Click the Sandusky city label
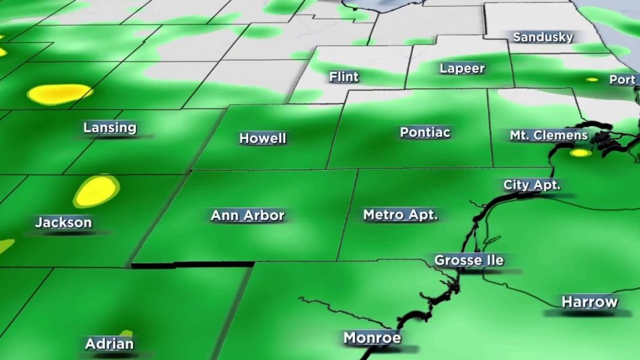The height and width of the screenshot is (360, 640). [x=543, y=37]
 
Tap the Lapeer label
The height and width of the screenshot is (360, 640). [x=462, y=68]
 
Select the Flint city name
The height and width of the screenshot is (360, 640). [x=344, y=77]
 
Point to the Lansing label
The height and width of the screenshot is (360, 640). [x=110, y=128]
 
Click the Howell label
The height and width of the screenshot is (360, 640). [x=262, y=138]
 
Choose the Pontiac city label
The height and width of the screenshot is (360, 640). [x=425, y=132]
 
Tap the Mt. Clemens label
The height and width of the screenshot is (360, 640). [x=548, y=135]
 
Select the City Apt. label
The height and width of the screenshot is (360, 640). [x=532, y=185]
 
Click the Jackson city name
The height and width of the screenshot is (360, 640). [x=64, y=223]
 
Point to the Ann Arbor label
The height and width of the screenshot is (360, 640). [x=247, y=216]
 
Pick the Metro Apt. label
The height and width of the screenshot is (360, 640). [x=400, y=214]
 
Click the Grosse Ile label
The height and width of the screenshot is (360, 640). [x=469, y=261]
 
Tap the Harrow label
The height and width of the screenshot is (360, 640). [x=589, y=302]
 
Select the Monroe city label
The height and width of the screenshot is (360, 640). [x=372, y=338]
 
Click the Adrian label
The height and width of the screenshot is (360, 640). [x=109, y=344]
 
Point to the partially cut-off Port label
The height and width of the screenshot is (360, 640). [x=622, y=80]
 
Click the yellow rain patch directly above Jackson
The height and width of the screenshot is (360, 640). [x=95, y=190]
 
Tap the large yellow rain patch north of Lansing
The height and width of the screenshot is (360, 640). [x=59, y=93]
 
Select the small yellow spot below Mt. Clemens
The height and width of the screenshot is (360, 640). [x=579, y=153]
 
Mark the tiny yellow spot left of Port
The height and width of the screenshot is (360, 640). [x=592, y=79]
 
